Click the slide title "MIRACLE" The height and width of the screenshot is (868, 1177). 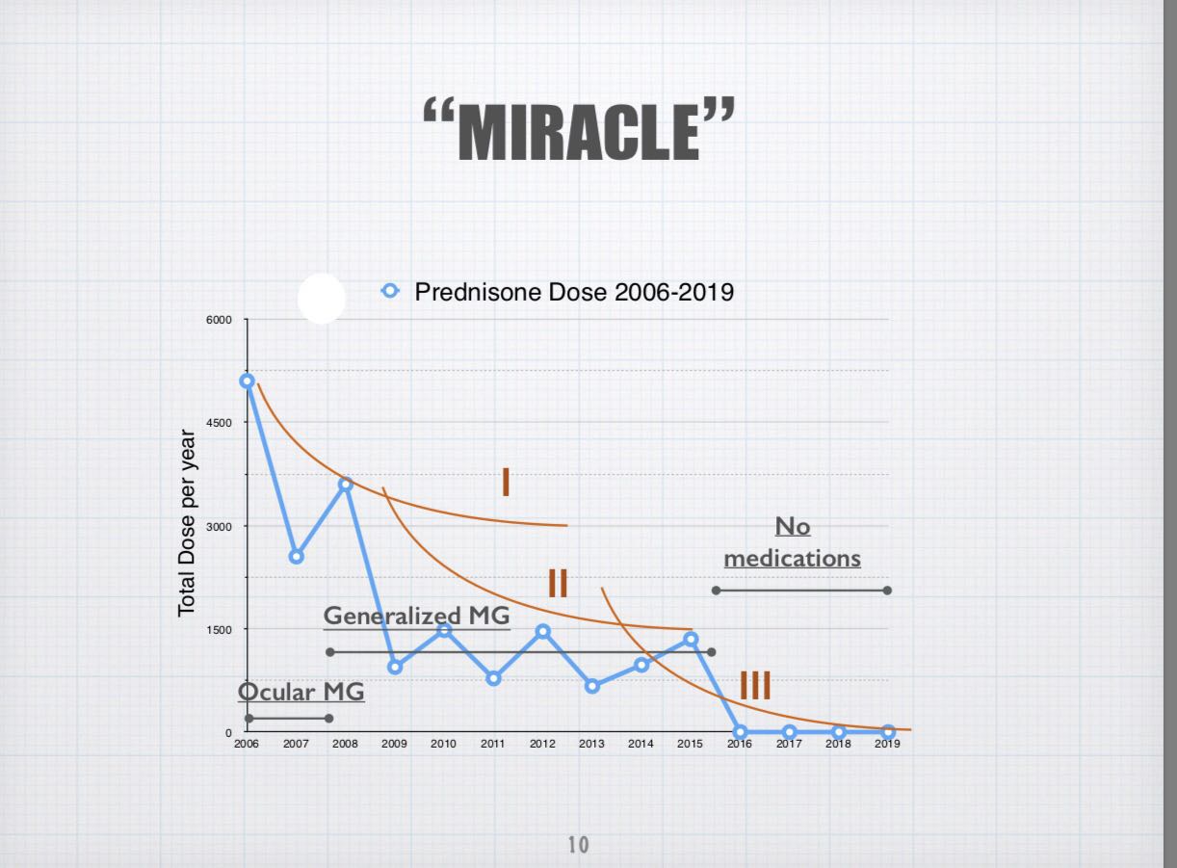point(579,130)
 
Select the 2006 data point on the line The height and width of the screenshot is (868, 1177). point(247,381)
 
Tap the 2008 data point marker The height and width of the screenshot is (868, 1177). point(345,485)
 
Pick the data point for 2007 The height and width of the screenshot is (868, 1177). point(297,557)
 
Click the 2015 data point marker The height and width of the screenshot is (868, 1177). point(691,640)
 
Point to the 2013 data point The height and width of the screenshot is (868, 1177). point(592,686)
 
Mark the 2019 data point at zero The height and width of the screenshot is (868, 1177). point(888,731)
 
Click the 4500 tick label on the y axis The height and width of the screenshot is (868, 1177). point(219,423)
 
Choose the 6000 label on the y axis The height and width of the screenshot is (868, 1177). point(219,320)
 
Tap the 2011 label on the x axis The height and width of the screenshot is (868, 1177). point(493,744)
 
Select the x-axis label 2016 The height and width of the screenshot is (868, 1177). point(740,744)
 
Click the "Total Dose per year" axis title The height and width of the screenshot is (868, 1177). point(187,523)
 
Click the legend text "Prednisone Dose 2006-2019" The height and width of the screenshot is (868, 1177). point(574,292)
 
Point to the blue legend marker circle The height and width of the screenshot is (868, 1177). point(390,291)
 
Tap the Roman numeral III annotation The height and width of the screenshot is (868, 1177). point(755,685)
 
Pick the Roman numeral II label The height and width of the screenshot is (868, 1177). point(558,583)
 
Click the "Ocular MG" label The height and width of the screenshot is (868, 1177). point(301,692)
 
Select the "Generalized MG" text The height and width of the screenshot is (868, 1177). point(417,616)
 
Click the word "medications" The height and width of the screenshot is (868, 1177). point(793,559)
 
